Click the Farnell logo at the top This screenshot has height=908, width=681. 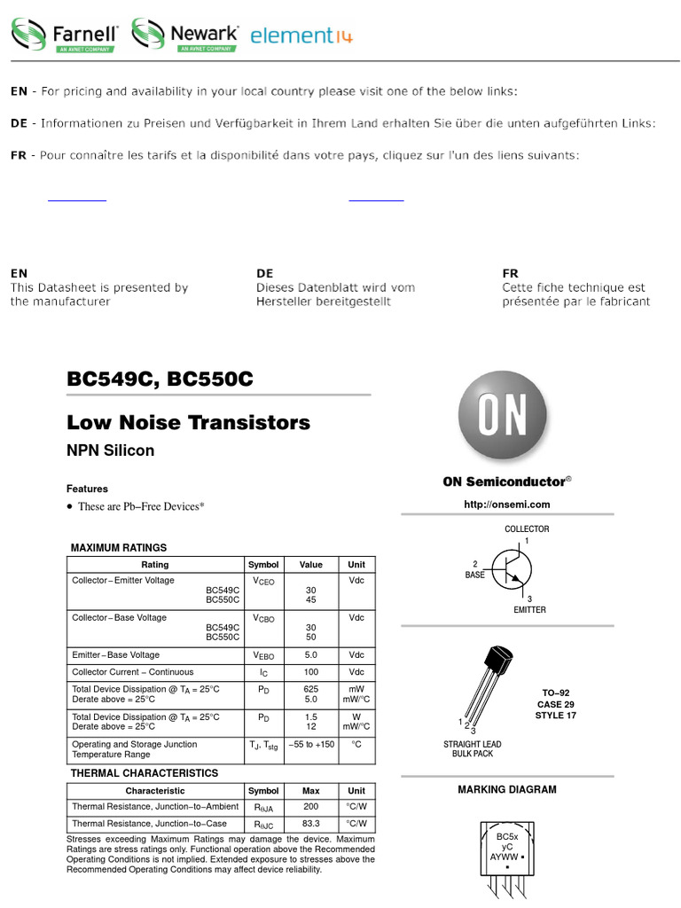coord(65,35)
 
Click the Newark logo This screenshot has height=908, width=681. coord(185,35)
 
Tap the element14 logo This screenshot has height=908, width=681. coord(301,35)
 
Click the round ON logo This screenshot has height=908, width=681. coord(503,416)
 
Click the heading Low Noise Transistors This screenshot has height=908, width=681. coord(189,423)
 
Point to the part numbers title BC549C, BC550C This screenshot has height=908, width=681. coord(160,380)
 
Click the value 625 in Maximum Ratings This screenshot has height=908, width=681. coord(311,688)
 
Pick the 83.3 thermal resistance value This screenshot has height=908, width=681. coord(311,824)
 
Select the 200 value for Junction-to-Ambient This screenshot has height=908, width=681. coord(311,807)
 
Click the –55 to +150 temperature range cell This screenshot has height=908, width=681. coord(311,745)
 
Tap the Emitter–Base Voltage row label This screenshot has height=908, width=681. coord(116,655)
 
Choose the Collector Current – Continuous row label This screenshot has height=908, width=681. coord(132,672)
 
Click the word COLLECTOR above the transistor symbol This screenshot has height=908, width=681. coord(527,529)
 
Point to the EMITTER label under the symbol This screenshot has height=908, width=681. coord(529,610)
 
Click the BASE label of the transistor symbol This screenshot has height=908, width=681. coord(475,575)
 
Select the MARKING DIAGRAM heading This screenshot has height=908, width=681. coord(507,789)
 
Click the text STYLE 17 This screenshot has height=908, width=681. coord(556,716)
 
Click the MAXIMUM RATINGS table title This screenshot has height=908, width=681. coord(119,548)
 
